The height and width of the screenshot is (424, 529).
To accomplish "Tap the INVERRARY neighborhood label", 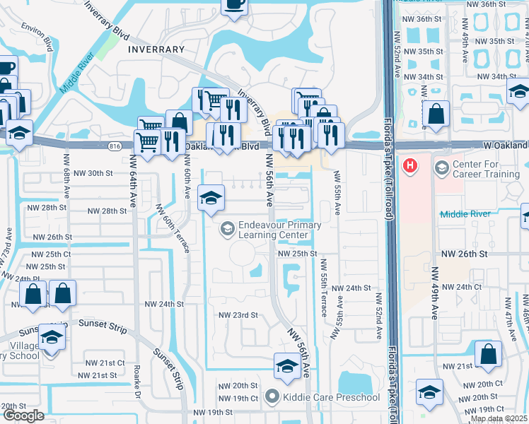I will coord(156,49).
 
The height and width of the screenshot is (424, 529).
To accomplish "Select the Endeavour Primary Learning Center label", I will coord(279,230).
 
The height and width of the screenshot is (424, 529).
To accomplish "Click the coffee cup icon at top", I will coord(234,4).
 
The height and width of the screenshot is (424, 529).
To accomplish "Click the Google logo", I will coord(23,416).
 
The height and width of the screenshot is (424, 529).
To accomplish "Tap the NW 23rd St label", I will coord(236,315).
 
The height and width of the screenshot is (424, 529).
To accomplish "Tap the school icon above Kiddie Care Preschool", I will coord(286,366).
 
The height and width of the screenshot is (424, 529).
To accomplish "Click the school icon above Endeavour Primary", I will coord(211,199).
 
